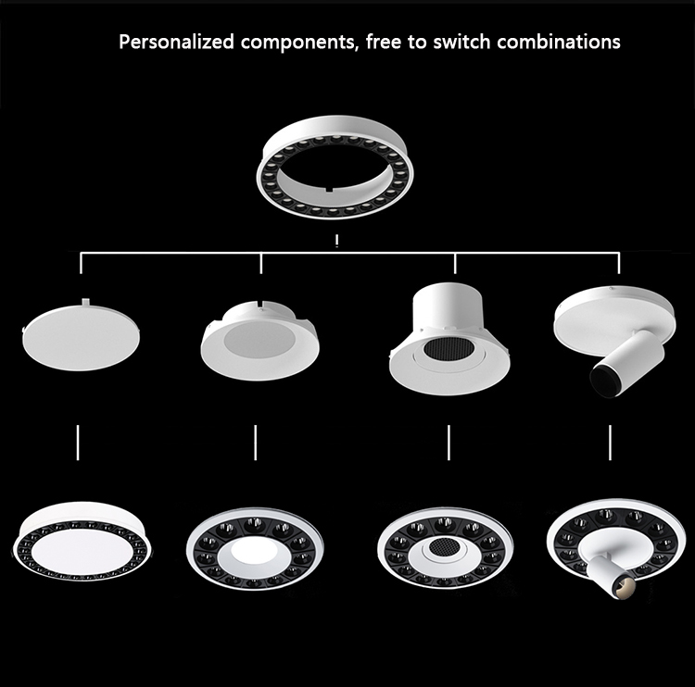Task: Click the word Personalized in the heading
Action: (x=176, y=43)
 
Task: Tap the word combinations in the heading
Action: (x=559, y=42)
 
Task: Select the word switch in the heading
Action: (x=461, y=42)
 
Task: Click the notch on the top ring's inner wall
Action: (x=329, y=190)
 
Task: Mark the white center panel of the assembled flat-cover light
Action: (x=82, y=552)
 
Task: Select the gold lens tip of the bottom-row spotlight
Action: (x=625, y=586)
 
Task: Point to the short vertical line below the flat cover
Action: (x=78, y=443)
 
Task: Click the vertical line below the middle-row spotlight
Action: (x=610, y=443)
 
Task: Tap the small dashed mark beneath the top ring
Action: (x=337, y=242)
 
